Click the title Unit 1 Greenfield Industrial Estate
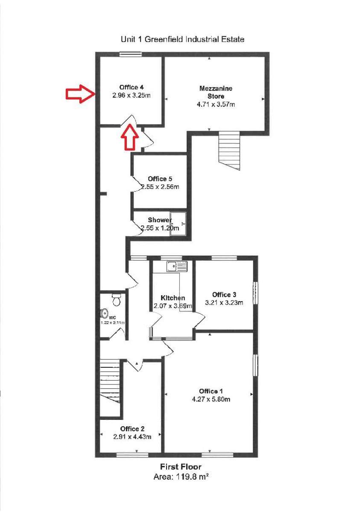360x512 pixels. [183, 39]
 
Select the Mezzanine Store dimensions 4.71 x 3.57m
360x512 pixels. [216, 104]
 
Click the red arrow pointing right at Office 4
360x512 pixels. [80, 94]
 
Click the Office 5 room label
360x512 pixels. [160, 179]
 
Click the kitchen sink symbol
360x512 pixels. [177, 266]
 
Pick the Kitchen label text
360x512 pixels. [173, 297]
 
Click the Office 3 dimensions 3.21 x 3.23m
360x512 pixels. [224, 303]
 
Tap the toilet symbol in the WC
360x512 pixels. [116, 300]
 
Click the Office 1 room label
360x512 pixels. [211, 391]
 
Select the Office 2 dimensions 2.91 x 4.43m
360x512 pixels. [132, 436]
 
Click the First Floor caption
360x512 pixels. [181, 467]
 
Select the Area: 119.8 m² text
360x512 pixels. [181, 477]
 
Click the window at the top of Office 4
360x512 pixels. [130, 53]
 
